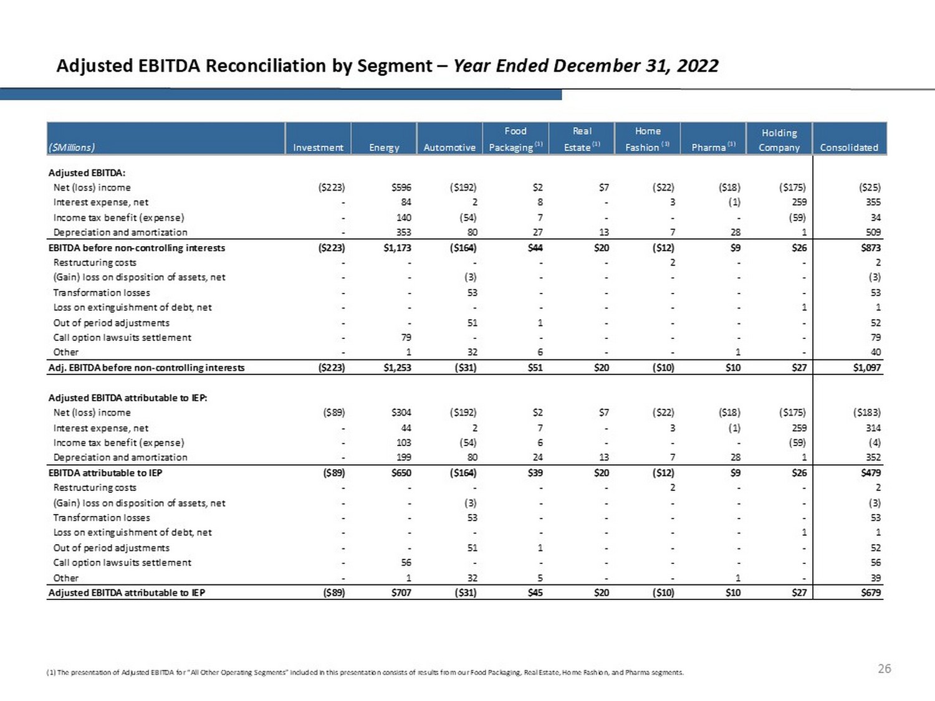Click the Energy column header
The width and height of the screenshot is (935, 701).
point(384,148)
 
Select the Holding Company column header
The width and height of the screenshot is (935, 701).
point(779,140)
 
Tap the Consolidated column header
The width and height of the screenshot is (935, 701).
point(849,148)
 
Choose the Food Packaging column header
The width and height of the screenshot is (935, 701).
point(515,140)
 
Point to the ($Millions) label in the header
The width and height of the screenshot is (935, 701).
point(72,148)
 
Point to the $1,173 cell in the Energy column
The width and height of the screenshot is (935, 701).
point(397,248)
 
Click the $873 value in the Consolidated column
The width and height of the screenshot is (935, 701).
point(871,248)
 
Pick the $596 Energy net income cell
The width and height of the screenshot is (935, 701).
point(401,188)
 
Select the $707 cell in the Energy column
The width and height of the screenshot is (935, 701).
point(401,593)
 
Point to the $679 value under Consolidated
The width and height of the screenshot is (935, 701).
point(871,593)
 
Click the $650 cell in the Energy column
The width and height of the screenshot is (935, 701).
point(401,473)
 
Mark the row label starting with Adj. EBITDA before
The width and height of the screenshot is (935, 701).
point(146,368)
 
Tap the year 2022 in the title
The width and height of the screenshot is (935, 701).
point(698,66)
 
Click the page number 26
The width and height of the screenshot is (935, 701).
point(884,669)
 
